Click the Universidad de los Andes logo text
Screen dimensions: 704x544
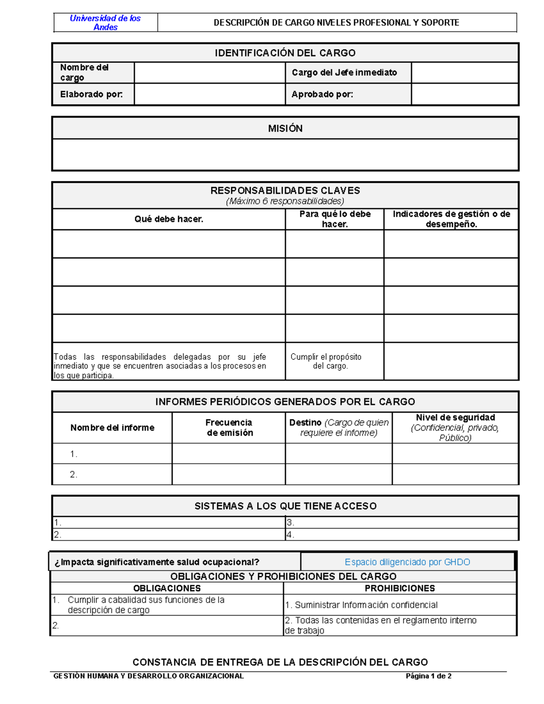[x=105, y=23]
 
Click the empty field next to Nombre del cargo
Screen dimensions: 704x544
[x=209, y=73]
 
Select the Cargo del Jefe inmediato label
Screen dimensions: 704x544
[x=344, y=73]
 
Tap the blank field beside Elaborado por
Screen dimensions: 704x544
[x=209, y=94]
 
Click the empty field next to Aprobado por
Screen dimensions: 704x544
[x=465, y=94]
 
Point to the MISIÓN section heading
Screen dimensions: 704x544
[x=285, y=128]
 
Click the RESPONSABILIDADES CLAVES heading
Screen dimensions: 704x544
[x=285, y=190]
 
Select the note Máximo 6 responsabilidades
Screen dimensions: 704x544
[x=285, y=201]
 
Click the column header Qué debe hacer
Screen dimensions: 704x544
[x=169, y=219]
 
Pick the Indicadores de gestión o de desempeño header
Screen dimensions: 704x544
[x=451, y=219]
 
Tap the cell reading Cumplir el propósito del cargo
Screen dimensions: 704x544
[x=326, y=361]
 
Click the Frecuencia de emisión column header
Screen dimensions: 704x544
[x=229, y=427]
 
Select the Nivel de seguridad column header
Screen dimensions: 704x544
[x=455, y=427]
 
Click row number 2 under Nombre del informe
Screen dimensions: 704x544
[x=74, y=474]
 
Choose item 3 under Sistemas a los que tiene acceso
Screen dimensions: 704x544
[x=291, y=523]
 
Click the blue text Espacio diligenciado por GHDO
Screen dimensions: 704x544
[x=407, y=562]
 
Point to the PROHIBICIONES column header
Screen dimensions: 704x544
[x=399, y=588]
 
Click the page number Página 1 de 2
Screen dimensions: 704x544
[x=428, y=676]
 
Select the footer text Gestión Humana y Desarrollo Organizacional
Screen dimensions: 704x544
[x=149, y=676]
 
